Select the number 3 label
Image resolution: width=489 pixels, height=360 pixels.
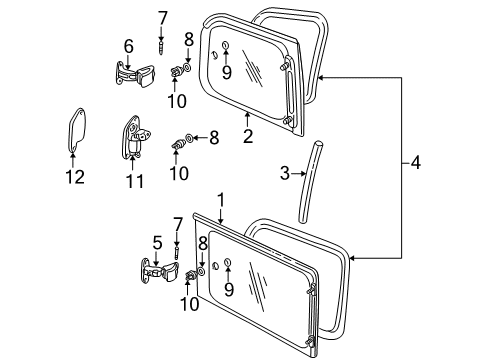tap(286, 174)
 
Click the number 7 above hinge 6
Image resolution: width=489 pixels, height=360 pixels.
tap(162, 16)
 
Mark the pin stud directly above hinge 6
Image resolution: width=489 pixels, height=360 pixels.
tap(162, 44)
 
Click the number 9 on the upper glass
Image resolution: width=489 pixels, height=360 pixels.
tap(227, 72)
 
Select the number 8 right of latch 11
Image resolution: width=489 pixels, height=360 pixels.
tap(212, 137)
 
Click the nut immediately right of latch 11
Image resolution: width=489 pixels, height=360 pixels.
tap(180, 141)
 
